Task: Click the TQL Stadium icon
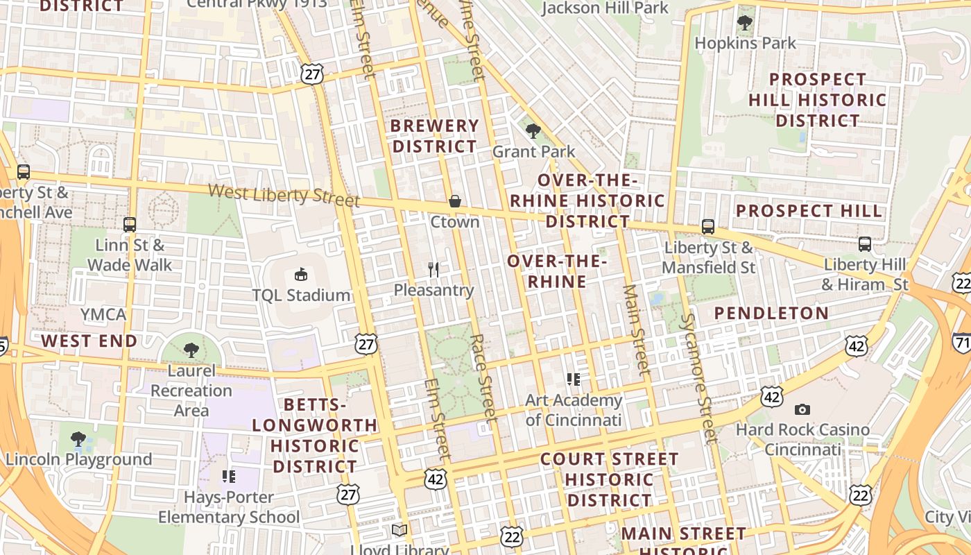[x=301, y=274]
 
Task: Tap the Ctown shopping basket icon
[x=455, y=201]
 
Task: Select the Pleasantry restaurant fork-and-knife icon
[x=434, y=269]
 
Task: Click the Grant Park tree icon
[x=533, y=130]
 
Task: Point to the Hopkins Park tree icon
[x=745, y=23]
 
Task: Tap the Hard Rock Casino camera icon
[x=802, y=409]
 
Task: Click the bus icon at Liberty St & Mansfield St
[x=707, y=226]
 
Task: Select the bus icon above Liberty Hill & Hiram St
[x=865, y=244]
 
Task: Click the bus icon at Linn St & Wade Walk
[x=130, y=224]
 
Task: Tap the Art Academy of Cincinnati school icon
[x=574, y=379]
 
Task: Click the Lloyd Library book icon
[x=399, y=531]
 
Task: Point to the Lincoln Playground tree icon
[x=78, y=438]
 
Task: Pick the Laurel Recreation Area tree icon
[x=191, y=350]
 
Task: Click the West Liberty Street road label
[x=284, y=195]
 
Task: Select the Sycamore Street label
[x=698, y=378]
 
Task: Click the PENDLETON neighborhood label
[x=771, y=313]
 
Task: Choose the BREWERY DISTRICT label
[x=435, y=136]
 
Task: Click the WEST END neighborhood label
[x=89, y=341]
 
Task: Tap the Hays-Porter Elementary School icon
[x=229, y=476]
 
